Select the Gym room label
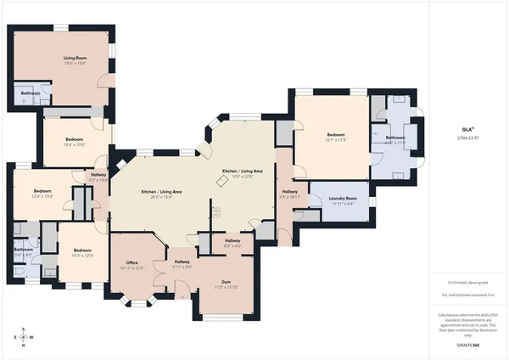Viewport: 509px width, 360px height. [x=226, y=282]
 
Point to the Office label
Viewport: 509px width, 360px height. [x=131, y=262]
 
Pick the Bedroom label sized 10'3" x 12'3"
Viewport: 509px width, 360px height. [x=82, y=251]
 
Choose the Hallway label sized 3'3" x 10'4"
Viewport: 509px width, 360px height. [x=99, y=177]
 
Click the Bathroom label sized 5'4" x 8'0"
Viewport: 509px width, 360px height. [x=24, y=250]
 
